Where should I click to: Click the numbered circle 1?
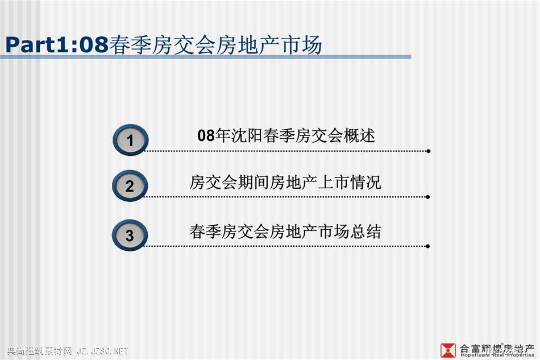tap(131, 140)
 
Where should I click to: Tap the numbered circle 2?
tap(130, 185)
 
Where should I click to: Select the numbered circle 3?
tap(130, 235)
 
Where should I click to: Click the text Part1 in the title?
tap(38, 45)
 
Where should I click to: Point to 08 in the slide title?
tap(94, 45)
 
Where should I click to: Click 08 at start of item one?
tap(206, 135)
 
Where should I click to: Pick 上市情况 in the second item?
tap(349, 182)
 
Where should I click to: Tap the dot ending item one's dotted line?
tap(428, 151)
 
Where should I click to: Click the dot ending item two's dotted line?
tap(427, 197)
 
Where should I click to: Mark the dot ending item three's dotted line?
tap(427, 246)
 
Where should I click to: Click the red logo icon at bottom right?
tap(448, 350)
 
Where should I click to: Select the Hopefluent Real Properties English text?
tap(497, 354)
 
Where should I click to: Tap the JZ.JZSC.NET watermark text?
tap(102, 351)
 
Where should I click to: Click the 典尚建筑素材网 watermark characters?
tap(39, 351)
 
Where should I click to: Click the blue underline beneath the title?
tap(206, 57)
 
